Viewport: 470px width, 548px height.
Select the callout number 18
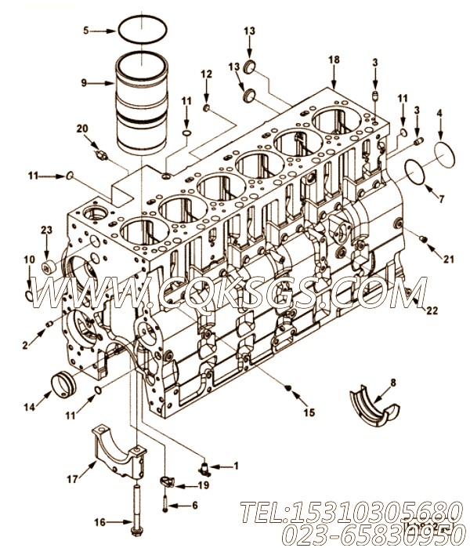tap(334, 60)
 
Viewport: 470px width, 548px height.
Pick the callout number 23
tap(45, 230)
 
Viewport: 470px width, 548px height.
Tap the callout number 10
tap(28, 259)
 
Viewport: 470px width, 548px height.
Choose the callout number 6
tap(195, 504)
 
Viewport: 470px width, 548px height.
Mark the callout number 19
tap(203, 485)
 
